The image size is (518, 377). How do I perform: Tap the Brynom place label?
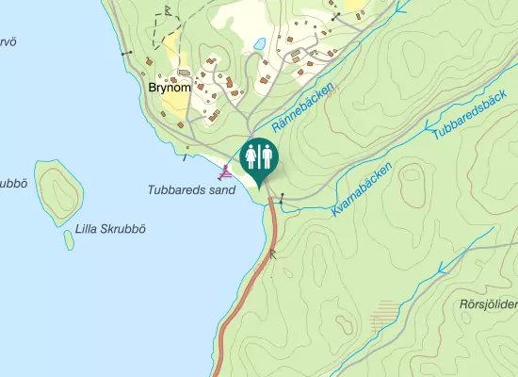click(x=170, y=88)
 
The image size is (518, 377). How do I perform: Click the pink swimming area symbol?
click(x=225, y=172)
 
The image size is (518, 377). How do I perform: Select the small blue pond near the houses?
click(x=257, y=43)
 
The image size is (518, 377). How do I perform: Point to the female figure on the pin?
click(x=251, y=155)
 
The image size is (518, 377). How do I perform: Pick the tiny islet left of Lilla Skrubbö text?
click(x=69, y=239)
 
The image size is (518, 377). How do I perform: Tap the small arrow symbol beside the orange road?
click(x=274, y=252)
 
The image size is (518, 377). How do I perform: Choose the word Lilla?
click(x=88, y=228)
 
